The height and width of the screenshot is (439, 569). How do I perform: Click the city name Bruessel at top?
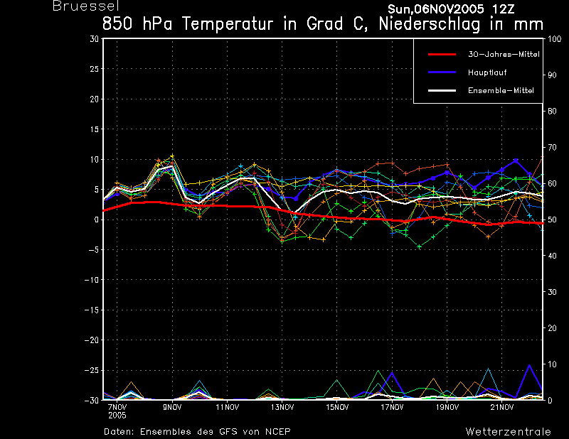[x=86, y=6]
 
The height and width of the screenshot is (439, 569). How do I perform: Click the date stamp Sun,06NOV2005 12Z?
[x=451, y=9]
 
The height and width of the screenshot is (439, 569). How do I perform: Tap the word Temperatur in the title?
[x=228, y=24]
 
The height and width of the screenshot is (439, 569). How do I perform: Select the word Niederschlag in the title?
[x=430, y=24]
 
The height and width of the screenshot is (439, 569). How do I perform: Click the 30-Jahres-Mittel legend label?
[x=504, y=55]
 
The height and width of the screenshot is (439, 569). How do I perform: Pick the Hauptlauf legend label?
[x=487, y=72]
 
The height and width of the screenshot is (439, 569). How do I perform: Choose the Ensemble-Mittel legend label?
[x=501, y=91]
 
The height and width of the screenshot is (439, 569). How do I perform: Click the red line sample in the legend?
[x=442, y=55]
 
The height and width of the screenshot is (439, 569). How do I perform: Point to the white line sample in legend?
[x=442, y=91]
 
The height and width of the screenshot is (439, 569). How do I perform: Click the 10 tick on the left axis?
[x=95, y=160]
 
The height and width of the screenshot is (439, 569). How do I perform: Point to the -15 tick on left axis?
[x=92, y=310]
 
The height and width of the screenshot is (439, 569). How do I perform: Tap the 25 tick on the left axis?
[x=95, y=69]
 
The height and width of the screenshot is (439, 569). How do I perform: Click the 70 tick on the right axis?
[x=552, y=147]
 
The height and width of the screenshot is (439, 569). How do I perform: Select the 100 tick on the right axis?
[x=554, y=39]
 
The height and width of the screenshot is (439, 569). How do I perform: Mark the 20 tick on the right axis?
[x=552, y=328]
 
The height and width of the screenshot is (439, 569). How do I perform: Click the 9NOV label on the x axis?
[x=172, y=408]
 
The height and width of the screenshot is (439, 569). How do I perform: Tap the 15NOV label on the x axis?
[x=337, y=408]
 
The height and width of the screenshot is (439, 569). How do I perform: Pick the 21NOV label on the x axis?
[x=502, y=408]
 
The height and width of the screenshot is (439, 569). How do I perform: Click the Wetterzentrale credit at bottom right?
[x=509, y=432]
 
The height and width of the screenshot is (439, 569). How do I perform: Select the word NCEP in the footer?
[x=278, y=432]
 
